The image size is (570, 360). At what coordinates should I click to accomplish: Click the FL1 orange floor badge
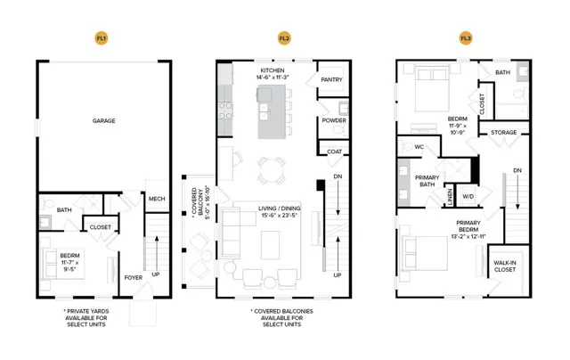tap(102, 38)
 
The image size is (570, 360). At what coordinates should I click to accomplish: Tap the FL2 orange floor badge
tap(284, 38)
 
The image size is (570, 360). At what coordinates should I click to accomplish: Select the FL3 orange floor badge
tap(466, 38)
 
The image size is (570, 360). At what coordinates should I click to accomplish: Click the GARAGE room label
tap(103, 120)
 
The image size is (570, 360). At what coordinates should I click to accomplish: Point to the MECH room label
tap(157, 199)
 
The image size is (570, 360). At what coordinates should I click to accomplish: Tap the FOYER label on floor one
tap(134, 277)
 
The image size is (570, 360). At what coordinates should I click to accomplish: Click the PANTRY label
tap(331, 79)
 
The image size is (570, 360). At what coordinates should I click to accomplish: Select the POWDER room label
tap(334, 120)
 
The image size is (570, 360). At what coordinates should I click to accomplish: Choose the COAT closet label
tap(335, 151)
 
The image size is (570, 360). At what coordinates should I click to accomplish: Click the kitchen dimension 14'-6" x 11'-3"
tap(273, 78)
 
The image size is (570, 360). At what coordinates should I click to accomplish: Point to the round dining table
tap(272, 170)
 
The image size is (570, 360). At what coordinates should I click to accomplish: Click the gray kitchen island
tap(272, 112)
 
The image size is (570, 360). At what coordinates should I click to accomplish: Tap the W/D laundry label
tap(468, 196)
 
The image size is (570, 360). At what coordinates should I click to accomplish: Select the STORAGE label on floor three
tap(503, 133)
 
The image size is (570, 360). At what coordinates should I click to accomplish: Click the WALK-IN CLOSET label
tap(505, 266)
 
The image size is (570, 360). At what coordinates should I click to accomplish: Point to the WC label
tap(419, 147)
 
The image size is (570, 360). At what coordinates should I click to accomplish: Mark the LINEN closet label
tap(450, 197)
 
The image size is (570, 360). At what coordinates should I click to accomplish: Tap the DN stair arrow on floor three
tap(517, 192)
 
